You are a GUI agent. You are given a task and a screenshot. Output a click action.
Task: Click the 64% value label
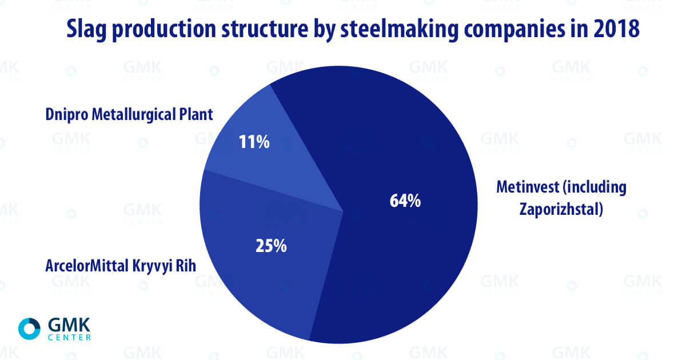click(405, 201)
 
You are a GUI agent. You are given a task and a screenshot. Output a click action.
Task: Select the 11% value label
click(254, 142)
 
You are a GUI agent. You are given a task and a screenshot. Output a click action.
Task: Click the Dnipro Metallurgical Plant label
click(129, 115)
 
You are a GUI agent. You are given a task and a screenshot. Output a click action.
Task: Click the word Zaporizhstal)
click(561, 210)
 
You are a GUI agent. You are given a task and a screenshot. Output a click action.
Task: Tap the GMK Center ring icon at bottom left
click(29, 328)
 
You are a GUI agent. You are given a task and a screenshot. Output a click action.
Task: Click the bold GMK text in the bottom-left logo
click(69, 324)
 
